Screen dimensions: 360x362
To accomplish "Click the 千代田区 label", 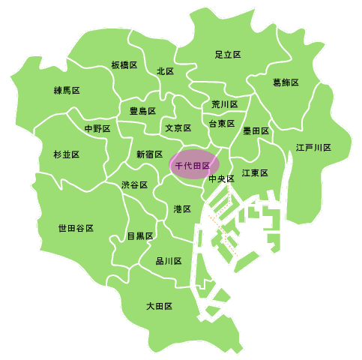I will pos(193,165).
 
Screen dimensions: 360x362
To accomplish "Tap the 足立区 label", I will pos(227,55).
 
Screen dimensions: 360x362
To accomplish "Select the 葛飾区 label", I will pos(286,82).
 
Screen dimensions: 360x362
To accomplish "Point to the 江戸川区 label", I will pos(313,148).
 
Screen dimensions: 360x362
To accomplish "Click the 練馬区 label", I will pos(67,91).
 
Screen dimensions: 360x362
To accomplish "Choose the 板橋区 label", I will pos(124,65).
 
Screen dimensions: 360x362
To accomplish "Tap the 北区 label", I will pos(165,71).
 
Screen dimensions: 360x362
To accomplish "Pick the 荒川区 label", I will pos(224,104).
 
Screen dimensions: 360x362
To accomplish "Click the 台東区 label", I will pos(222,123).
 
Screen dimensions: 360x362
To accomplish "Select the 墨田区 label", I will pos(256,130).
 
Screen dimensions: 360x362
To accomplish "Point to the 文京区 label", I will pos(178,128).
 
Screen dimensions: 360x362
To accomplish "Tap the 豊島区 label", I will pos(142,111).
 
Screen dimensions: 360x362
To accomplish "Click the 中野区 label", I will pos(97,129).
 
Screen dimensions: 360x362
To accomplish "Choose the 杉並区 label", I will pos(66,154).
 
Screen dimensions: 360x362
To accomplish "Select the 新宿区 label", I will pos(149,154).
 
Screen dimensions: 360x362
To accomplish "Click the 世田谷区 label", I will pos(76,227).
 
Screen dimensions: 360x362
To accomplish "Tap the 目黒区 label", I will pos(139,236).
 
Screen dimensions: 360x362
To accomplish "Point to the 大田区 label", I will pos(160,306).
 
